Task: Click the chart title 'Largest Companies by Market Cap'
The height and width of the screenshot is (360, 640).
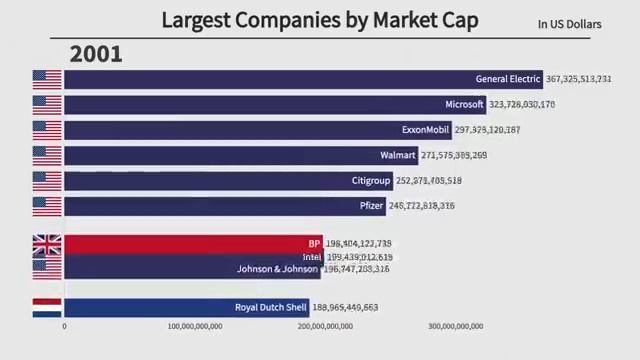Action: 319,19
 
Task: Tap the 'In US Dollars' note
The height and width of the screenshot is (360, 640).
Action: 570,23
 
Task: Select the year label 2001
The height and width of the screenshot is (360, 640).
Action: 96,54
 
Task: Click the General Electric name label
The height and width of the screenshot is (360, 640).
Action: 508,79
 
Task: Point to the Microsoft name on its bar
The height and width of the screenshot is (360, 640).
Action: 464,104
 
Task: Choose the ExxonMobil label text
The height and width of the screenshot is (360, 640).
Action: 426,130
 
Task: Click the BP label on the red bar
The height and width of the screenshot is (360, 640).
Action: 315,243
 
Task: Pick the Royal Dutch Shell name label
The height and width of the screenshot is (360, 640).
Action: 270,308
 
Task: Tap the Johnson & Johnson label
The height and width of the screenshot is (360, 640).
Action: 277,269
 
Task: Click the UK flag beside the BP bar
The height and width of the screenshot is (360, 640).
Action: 47,244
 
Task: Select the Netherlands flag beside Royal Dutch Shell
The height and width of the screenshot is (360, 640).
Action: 47,308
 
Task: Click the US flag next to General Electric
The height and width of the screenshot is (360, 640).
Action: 47,79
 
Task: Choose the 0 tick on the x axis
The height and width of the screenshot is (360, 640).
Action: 65,326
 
